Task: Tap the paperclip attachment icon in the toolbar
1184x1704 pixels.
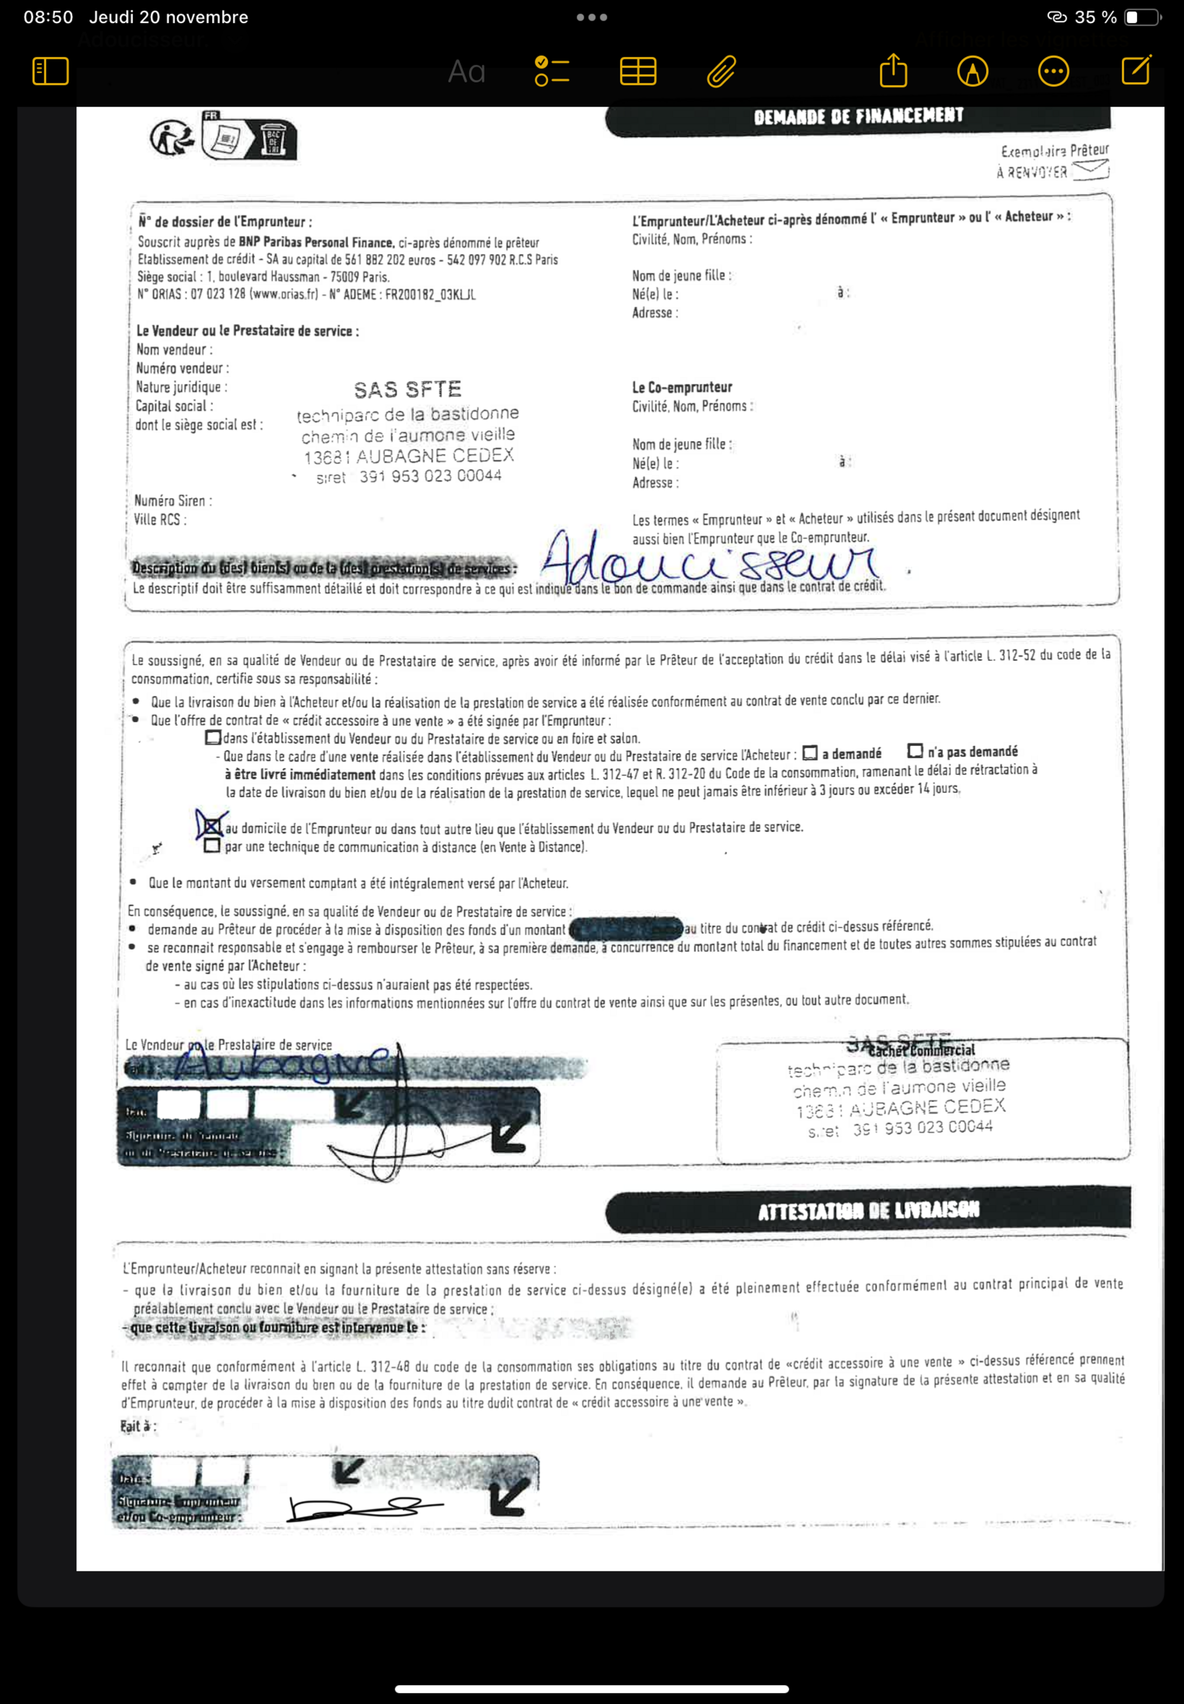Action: (x=721, y=72)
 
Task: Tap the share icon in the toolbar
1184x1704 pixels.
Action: (x=893, y=71)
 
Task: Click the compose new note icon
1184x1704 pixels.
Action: (x=1136, y=70)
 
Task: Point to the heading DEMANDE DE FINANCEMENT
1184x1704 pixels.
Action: (x=858, y=117)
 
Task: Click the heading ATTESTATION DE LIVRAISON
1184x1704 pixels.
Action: (x=868, y=1211)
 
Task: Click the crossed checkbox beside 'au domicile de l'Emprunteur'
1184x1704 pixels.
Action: (x=211, y=825)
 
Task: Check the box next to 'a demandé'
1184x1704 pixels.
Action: (x=810, y=753)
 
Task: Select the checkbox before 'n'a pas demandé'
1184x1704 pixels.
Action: (x=915, y=751)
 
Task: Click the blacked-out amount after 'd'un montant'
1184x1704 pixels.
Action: (x=625, y=928)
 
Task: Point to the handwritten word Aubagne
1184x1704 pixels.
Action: (x=282, y=1065)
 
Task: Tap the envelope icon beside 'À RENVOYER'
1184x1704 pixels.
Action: (x=1090, y=170)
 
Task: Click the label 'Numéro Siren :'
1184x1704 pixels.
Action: (x=173, y=501)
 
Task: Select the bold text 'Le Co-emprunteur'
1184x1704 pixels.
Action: (x=682, y=387)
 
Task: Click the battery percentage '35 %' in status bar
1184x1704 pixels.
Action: (x=1095, y=17)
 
